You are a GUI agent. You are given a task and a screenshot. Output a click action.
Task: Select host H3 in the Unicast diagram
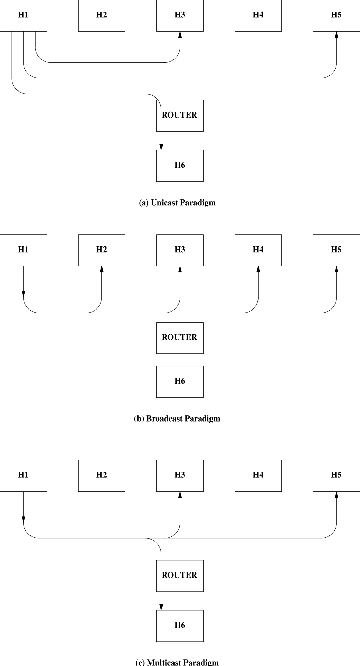click(180, 16)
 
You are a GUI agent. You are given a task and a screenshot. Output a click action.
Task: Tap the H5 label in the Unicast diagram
click(336, 16)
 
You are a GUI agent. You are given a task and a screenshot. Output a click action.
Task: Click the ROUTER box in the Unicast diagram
click(179, 115)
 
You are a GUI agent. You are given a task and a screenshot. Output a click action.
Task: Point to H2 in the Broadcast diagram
click(101, 248)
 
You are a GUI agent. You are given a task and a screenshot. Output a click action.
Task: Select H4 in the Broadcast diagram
click(258, 248)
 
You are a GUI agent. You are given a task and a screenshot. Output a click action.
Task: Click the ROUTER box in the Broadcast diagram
click(179, 337)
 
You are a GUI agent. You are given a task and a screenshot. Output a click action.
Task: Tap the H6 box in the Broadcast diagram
click(180, 381)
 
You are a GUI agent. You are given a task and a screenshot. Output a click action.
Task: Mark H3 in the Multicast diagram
click(180, 473)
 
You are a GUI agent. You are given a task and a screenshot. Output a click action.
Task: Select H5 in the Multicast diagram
click(336, 473)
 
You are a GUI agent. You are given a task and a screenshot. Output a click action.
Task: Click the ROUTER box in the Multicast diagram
click(179, 575)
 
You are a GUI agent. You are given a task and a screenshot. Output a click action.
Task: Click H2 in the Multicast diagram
click(101, 473)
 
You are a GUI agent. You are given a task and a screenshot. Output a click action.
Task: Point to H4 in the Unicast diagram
click(258, 16)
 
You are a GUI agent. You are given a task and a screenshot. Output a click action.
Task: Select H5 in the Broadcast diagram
click(336, 248)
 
